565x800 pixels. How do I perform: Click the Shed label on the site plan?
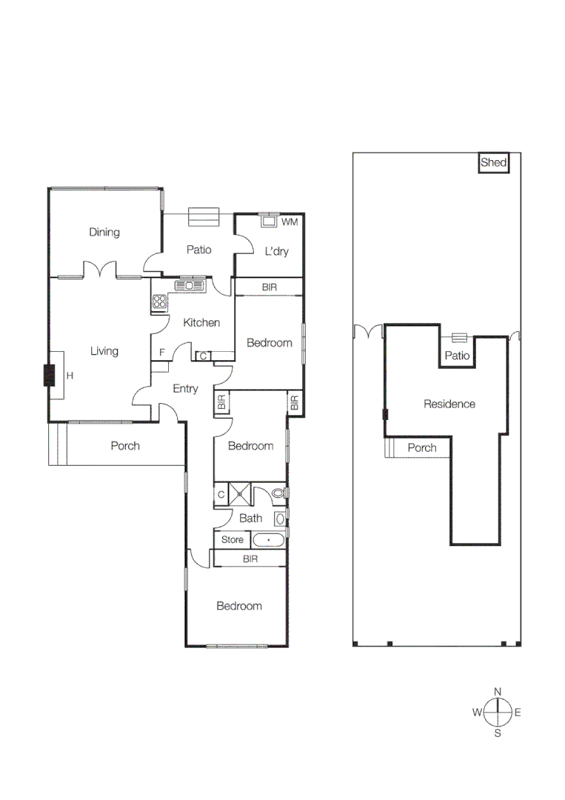point(493,163)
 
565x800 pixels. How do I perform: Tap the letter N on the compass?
point(498,691)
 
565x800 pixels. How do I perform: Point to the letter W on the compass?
point(477,713)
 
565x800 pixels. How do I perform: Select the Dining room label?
point(104,233)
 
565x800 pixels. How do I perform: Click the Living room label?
point(104,351)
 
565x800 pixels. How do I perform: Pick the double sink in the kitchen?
point(189,285)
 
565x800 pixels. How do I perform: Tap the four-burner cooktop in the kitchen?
point(159,301)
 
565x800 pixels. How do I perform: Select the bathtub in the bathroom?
point(268,540)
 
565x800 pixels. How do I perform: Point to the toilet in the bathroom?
point(278,493)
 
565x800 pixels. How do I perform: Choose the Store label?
point(232,540)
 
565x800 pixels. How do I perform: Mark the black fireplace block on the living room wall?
point(50,376)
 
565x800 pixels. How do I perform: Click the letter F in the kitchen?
point(161,353)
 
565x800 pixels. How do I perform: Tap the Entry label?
point(185,388)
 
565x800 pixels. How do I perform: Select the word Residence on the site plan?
point(449,404)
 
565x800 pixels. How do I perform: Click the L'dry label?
point(276,252)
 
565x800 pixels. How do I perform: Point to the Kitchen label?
point(201,322)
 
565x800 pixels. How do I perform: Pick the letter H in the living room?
point(70,376)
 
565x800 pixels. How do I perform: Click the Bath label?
point(251,519)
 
